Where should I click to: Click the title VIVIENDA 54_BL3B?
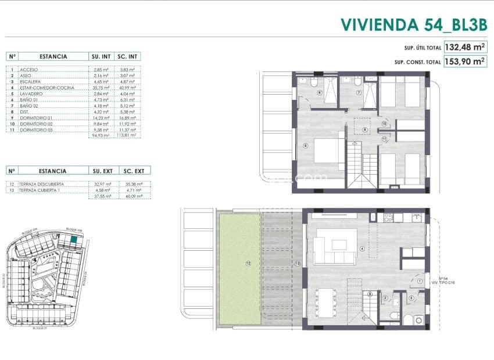click(x=413, y=24)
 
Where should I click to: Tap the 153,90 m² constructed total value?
click(x=465, y=61)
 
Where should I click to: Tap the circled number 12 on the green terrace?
click(x=248, y=263)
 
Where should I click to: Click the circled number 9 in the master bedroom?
click(x=305, y=145)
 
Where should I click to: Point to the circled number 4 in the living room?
click(x=362, y=250)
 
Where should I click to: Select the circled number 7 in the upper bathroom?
click(x=359, y=92)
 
